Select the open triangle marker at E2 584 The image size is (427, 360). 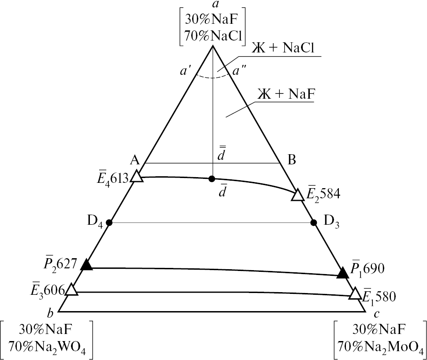coord(297,195)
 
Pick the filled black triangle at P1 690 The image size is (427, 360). coord(343,273)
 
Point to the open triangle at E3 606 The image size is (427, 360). coord(71,289)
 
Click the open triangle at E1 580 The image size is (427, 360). coord(355,294)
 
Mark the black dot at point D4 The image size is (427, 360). coord(109,223)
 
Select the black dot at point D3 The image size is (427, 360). coord(314,223)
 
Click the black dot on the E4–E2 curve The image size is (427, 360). coord(212,178)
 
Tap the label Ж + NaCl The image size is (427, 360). coord(282,48)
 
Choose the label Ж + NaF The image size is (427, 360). coord(286,94)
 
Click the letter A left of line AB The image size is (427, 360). coord(135,160)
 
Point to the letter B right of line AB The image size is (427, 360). coord(292,160)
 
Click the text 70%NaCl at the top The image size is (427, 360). coord(213,36)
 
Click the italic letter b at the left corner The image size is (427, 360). coord(50,314)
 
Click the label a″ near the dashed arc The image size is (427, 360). coord(239,71)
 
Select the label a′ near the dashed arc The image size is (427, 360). coord(186,71)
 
